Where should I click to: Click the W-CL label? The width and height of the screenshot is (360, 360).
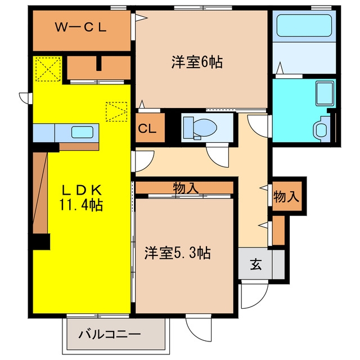pos(80,28)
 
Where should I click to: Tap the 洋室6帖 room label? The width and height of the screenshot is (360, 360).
pos(197,62)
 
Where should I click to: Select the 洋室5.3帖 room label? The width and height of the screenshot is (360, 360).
pos(178,253)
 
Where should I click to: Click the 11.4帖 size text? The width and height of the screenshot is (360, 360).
pos(81,204)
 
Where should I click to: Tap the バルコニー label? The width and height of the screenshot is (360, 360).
pos(110,334)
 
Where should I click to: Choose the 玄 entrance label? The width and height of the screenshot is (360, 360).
pos(255,264)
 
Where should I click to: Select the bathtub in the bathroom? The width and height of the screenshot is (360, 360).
pos(304,25)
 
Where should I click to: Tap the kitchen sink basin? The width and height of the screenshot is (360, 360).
pos(82,133)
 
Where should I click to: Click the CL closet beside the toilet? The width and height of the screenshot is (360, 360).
pos(150,128)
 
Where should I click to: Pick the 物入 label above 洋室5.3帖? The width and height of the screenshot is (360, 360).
pos(186,188)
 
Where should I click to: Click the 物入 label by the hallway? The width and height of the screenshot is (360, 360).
pos(286,196)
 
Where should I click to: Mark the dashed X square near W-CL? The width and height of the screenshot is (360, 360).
pos(48,69)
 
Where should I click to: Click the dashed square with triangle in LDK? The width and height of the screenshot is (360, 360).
pos(116,111)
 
